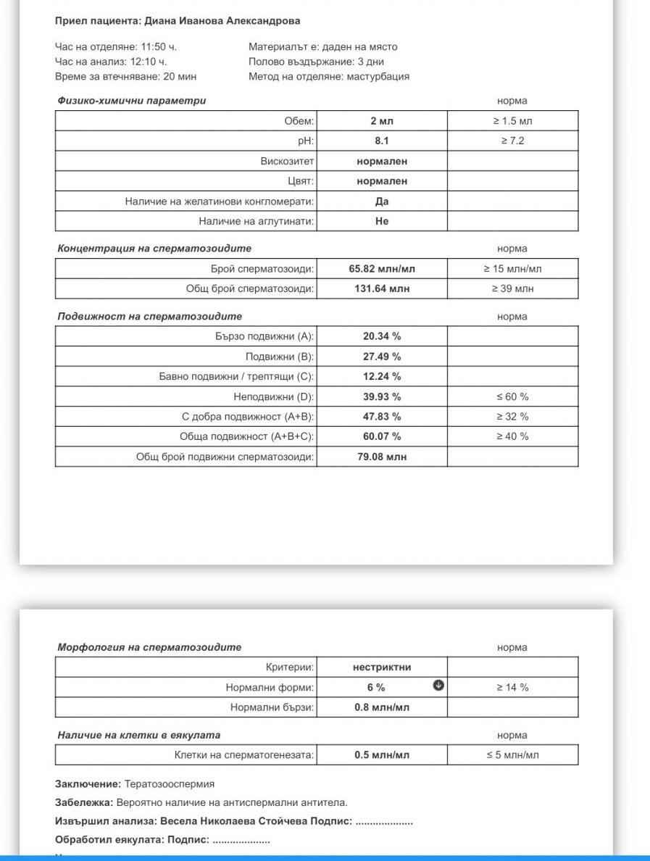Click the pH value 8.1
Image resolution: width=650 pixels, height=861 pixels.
tap(381, 141)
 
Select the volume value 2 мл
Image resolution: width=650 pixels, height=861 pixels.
tap(381, 121)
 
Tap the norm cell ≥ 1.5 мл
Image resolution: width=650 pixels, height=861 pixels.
tap(512, 121)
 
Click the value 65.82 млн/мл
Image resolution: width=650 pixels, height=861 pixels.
tap(382, 269)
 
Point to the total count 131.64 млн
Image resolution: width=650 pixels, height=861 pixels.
tap(382, 289)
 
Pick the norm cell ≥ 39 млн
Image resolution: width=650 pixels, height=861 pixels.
tap(512, 289)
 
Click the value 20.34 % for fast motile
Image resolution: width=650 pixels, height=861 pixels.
tap(382, 336)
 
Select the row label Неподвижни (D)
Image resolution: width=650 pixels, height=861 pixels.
tap(274, 396)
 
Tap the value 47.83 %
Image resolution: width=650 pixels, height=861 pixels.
tap(382, 417)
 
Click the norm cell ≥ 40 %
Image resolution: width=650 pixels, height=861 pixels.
tap(512, 436)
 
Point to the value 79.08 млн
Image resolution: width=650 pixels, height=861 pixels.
tap(382, 457)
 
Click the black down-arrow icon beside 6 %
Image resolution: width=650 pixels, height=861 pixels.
tap(438, 686)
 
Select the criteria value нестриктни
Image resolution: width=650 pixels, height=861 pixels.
tap(382, 667)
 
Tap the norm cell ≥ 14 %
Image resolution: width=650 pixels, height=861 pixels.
tap(512, 687)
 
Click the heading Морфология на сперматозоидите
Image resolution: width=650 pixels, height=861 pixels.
tap(149, 647)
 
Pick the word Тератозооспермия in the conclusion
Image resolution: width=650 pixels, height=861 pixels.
tap(170, 784)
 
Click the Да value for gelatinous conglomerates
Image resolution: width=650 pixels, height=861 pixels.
tap(382, 201)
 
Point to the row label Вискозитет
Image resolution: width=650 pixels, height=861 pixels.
tap(287, 161)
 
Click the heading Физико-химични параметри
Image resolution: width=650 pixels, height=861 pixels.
tap(131, 101)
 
